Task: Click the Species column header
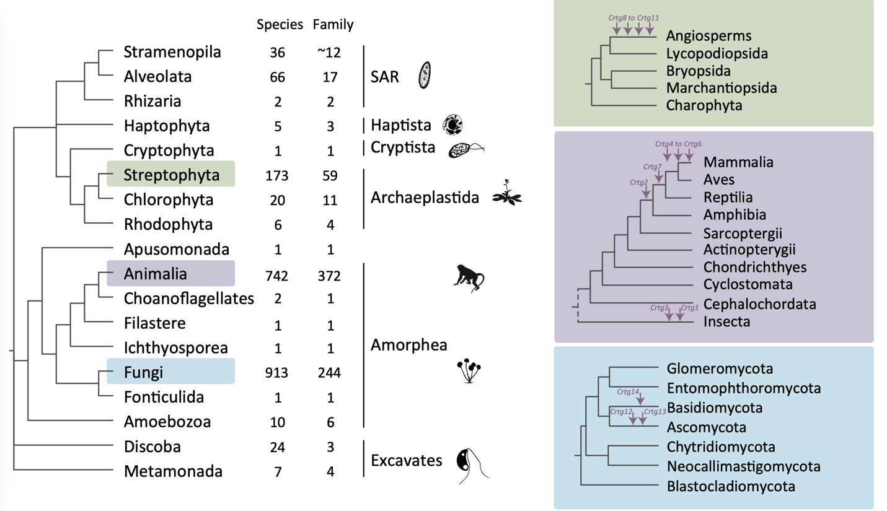click(280, 25)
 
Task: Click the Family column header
click(333, 25)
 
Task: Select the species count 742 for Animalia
click(277, 276)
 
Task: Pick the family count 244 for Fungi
click(329, 373)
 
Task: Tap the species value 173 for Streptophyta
click(277, 175)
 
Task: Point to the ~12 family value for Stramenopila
click(329, 52)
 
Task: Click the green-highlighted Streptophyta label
click(171, 175)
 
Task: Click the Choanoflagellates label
click(189, 299)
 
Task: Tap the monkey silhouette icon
click(469, 278)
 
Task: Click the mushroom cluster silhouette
click(469, 371)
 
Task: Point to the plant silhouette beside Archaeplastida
click(507, 193)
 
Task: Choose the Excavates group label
click(406, 461)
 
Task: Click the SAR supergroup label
click(384, 77)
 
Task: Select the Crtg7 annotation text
click(653, 167)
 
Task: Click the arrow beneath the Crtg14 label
click(640, 400)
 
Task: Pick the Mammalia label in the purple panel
click(738, 162)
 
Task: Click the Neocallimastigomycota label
click(744, 466)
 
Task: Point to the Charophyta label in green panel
click(704, 106)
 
